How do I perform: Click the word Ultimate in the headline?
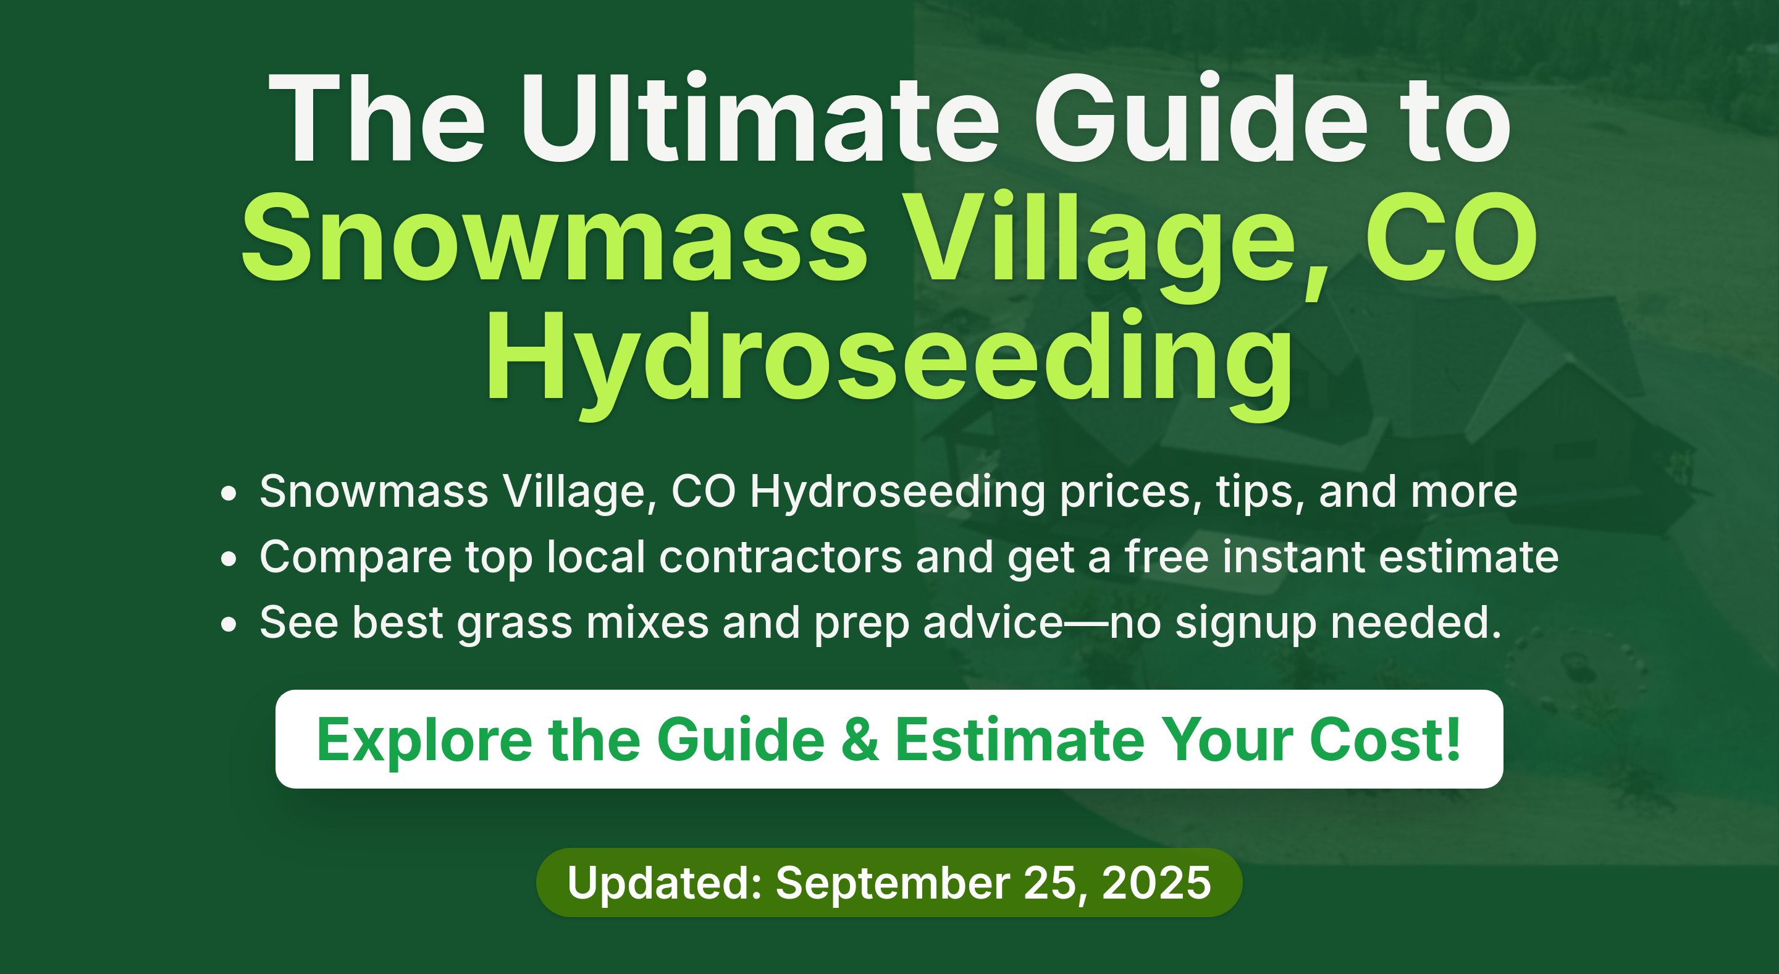coord(760,117)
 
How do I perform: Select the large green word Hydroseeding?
coord(889,359)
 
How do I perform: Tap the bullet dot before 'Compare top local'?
coord(229,559)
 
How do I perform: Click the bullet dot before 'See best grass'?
coord(229,624)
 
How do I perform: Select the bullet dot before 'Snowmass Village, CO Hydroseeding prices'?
coord(229,494)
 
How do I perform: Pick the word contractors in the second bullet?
coord(780,557)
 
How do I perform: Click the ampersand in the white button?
coord(860,740)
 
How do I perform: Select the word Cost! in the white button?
coord(1386,740)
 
